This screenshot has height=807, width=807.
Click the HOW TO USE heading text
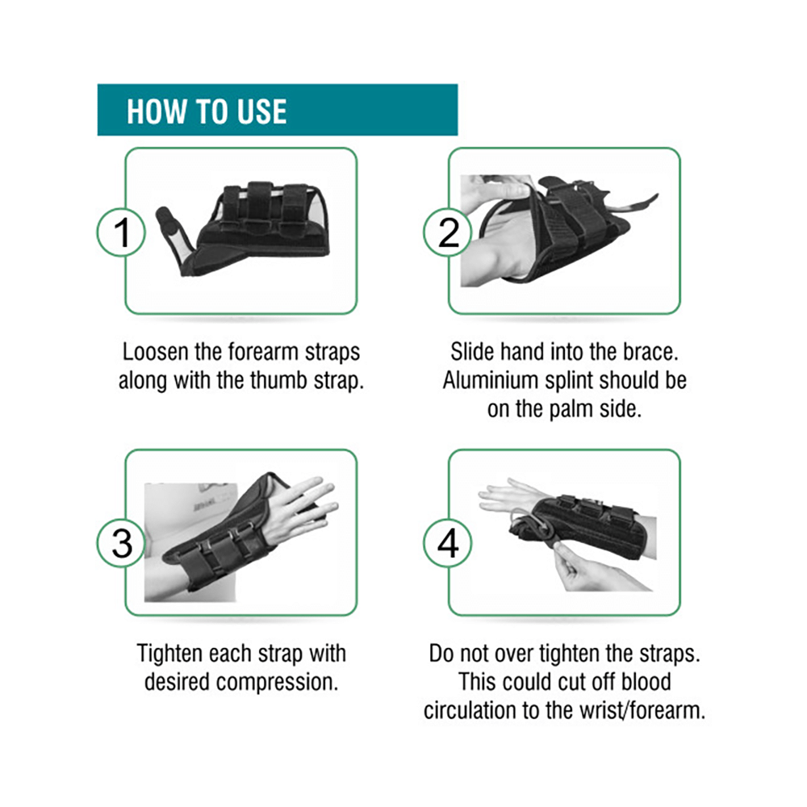pos(207,111)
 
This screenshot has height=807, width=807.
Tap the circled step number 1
pos(122,232)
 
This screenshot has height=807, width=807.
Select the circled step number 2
pos(448,232)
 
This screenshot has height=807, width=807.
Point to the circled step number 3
pos(122,543)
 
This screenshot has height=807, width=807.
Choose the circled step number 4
pos(448,543)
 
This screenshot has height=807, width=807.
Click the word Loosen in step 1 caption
pos(155,352)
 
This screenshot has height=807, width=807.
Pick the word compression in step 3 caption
pos(277,683)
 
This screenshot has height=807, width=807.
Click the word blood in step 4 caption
pos(646,682)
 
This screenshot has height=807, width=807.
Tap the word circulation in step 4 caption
pos(470,711)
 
